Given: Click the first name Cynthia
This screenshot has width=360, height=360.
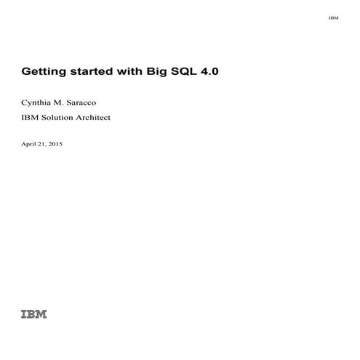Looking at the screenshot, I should click(x=38, y=103).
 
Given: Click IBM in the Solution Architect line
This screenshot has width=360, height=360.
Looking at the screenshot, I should click(x=31, y=119).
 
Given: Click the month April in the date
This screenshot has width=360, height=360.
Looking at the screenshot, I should click(x=30, y=144).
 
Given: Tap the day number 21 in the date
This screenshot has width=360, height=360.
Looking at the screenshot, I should click(x=44, y=144).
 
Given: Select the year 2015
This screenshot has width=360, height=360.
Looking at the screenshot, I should click(x=56, y=144).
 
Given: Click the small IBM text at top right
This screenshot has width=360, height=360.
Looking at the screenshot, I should click(x=333, y=17).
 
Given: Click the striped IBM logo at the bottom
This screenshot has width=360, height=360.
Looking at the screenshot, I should click(x=33, y=314).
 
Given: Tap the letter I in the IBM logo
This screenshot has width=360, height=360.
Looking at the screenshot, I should click(x=24, y=314).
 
